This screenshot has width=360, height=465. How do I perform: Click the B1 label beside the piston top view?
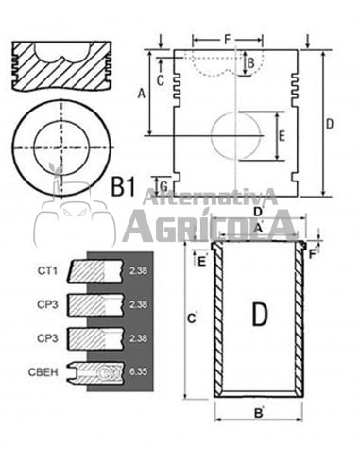point(123,186)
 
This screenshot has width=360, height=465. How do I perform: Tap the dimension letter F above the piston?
point(227,39)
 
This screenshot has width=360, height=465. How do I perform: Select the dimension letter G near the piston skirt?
point(163,183)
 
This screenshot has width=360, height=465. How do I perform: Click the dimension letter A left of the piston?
point(141,93)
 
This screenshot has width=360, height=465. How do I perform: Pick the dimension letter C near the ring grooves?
point(161,80)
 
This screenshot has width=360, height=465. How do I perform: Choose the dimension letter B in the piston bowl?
point(249,63)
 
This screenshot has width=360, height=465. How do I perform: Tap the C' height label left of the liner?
point(193,320)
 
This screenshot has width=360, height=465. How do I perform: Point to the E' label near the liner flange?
point(201,260)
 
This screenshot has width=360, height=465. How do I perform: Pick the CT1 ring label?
point(48,271)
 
